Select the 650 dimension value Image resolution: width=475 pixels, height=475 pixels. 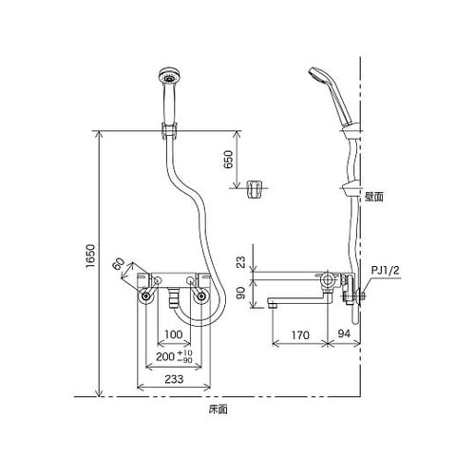tap(227, 159)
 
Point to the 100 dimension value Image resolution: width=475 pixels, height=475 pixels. tap(171, 335)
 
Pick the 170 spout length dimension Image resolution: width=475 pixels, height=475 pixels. tap(300, 334)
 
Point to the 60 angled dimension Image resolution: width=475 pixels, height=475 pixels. tap(119, 263)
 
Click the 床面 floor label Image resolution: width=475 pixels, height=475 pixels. tap(218, 409)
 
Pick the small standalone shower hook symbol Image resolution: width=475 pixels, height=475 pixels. tap(253, 188)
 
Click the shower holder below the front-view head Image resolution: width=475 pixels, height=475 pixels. tap(170, 123)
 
